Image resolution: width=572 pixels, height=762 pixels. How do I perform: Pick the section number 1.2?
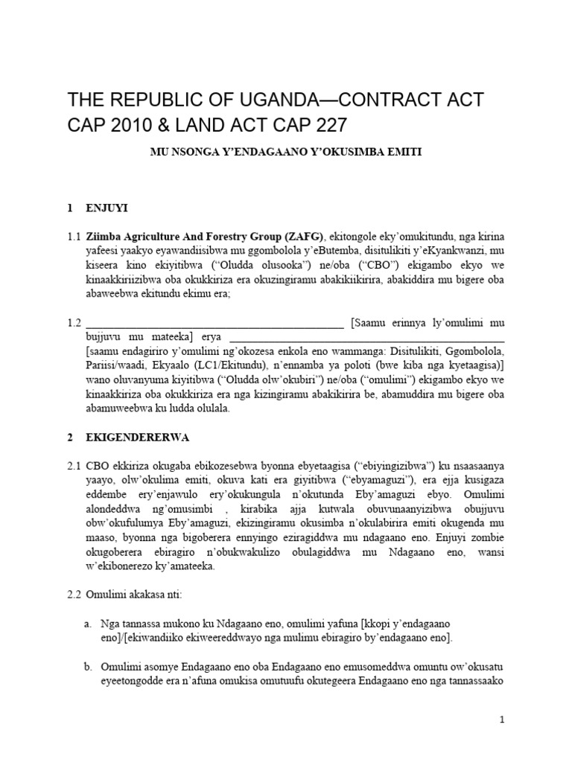coord(74,323)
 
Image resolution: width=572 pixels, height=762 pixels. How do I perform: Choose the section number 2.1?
coord(74,466)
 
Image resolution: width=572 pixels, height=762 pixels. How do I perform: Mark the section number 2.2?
coord(74,595)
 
